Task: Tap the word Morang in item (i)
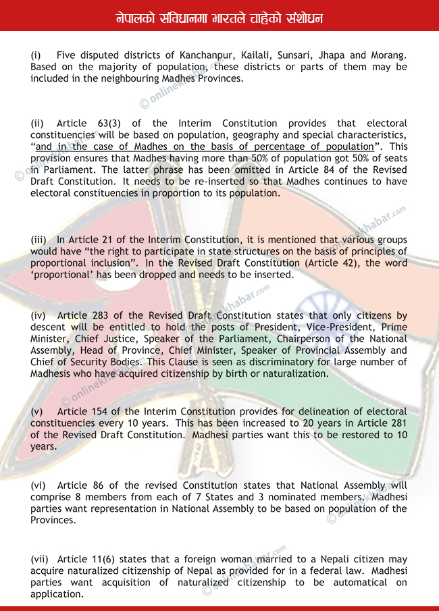[x=390, y=55]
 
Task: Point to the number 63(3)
[x=109, y=124]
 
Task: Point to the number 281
[x=396, y=423]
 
